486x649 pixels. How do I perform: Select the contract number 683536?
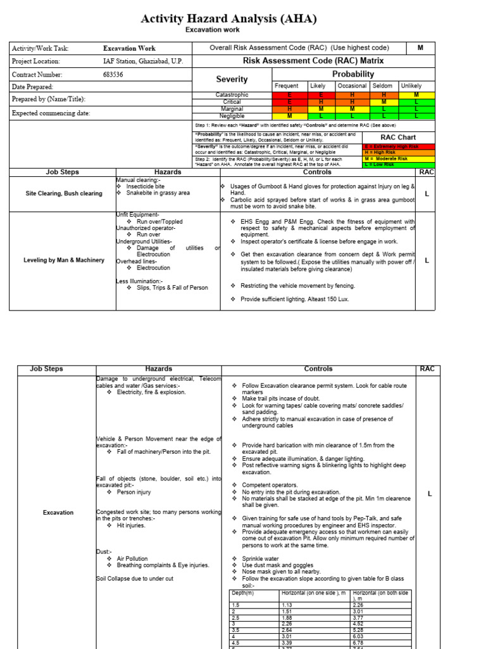[x=114, y=74]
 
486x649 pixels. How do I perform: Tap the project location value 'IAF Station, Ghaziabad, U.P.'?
[x=144, y=61]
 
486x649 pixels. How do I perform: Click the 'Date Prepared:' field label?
[x=32, y=87]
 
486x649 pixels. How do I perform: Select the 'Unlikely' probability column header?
[x=411, y=86]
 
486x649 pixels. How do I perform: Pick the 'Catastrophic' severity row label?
[x=232, y=95]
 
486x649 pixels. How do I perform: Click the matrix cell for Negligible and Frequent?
[x=290, y=115]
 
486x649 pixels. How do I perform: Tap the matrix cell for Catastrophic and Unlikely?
[x=416, y=95]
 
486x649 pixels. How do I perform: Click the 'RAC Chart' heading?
[x=398, y=137]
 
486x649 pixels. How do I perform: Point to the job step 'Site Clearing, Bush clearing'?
[x=63, y=193]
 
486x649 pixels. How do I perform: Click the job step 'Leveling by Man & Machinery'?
[x=63, y=260]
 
